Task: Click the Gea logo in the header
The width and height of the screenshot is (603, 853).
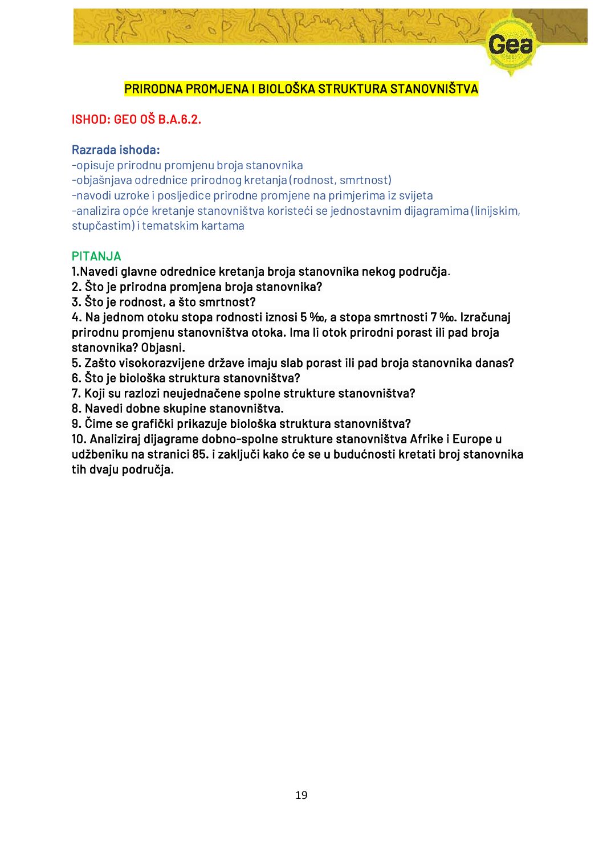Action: pyautogui.click(x=511, y=45)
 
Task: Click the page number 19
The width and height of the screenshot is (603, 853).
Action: pyautogui.click(x=301, y=795)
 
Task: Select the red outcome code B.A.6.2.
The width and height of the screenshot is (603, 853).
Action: pyautogui.click(x=180, y=120)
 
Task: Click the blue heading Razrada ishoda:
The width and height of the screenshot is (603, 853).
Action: pyautogui.click(x=116, y=150)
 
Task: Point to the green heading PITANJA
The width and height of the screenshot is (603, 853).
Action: pyautogui.click(x=96, y=256)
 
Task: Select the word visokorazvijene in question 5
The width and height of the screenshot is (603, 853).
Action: pyautogui.click(x=159, y=363)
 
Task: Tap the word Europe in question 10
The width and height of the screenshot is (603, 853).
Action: pyautogui.click(x=472, y=439)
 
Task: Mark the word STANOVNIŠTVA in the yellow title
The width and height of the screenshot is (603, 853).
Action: pyautogui.click(x=434, y=89)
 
